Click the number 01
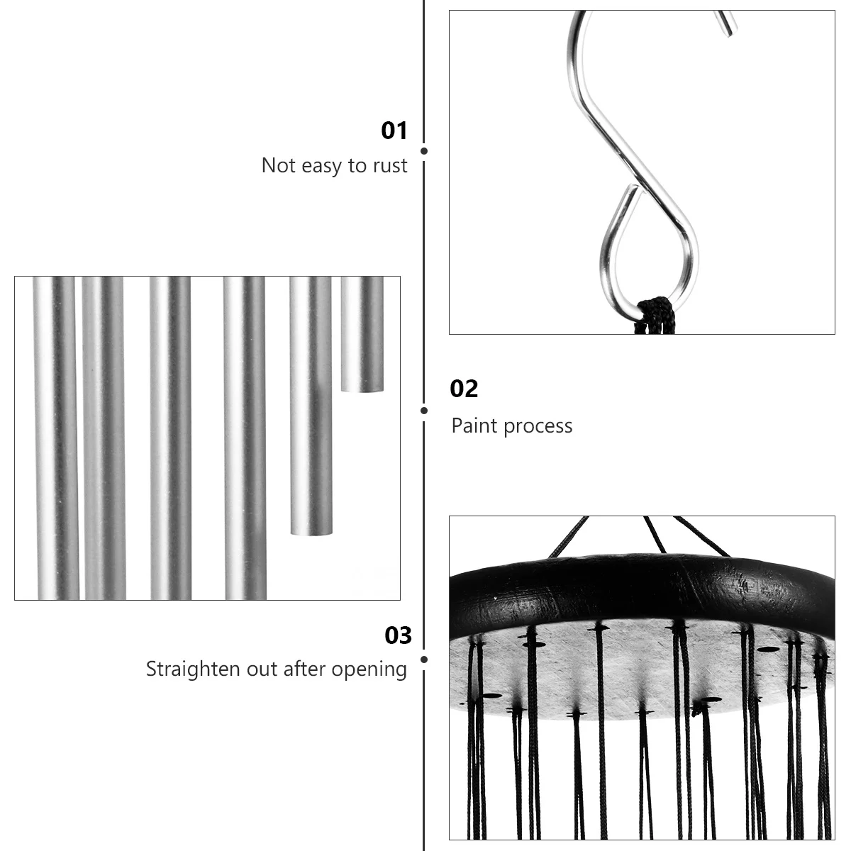(x=394, y=131)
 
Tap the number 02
(x=465, y=389)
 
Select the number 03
(x=398, y=635)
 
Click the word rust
(x=389, y=166)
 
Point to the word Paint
(x=472, y=425)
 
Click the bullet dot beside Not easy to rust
(x=424, y=150)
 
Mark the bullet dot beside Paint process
(x=424, y=410)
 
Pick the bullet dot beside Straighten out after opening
(x=424, y=660)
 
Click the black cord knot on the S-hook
(x=655, y=313)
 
